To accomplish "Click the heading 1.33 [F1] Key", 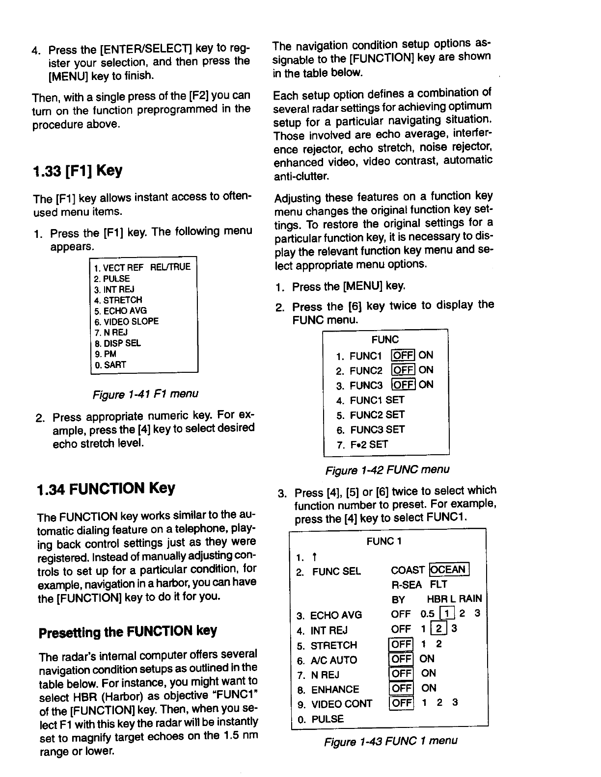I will [77, 171].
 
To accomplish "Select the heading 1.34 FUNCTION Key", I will [106, 489].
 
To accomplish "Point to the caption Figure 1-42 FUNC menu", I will [387, 470].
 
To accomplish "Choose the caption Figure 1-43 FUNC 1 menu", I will [390, 741].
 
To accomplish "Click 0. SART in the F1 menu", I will [110, 365].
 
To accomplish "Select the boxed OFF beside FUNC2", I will [403, 370].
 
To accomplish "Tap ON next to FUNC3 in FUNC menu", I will [426, 385].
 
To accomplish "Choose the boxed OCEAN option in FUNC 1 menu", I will [449, 570].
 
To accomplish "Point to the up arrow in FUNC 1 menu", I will [314, 557].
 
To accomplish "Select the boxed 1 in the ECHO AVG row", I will [446, 614].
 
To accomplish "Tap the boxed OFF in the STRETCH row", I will [401, 644].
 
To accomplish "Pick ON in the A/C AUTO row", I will [427, 659].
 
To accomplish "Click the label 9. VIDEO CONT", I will [335, 704].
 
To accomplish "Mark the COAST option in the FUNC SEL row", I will [408, 570].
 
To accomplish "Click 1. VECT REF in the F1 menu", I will [119, 268].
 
